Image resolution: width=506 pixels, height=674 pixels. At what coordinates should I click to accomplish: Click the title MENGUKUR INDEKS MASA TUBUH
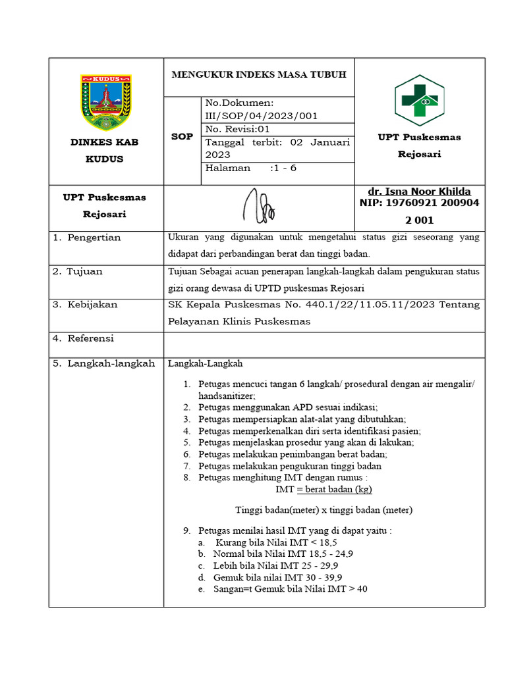tap(259, 75)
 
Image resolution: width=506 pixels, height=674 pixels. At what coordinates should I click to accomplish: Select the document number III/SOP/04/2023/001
tap(262, 116)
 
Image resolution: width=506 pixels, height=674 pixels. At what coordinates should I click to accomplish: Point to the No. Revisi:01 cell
tap(238, 129)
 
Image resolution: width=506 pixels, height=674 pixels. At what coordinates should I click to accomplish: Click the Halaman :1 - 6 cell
tap(251, 168)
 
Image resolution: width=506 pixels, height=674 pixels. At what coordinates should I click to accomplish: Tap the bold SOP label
tap(182, 137)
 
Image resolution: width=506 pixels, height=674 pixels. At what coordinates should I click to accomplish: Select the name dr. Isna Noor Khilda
tap(419, 192)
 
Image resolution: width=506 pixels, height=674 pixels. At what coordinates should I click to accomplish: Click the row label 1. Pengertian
tap(87, 238)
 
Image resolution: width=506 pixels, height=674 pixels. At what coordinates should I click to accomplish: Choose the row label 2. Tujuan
tap(78, 271)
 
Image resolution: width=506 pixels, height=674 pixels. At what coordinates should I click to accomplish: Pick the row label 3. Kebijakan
tap(85, 305)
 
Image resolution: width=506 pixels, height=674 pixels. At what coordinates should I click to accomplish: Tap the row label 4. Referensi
tap(83, 338)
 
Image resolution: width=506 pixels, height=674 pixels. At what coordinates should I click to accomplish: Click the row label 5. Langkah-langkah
tap(103, 363)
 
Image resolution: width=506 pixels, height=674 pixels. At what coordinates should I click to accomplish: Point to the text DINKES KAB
tap(105, 142)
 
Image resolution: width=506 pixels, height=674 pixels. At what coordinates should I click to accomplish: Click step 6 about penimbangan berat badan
tap(292, 454)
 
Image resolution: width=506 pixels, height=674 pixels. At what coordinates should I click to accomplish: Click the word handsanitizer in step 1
tap(226, 396)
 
